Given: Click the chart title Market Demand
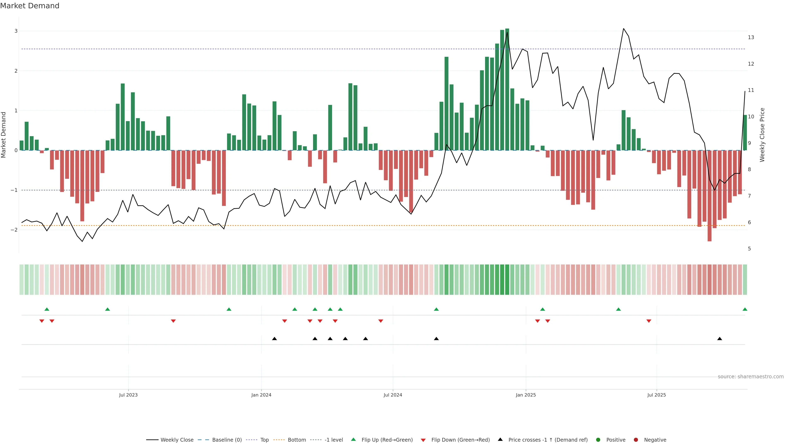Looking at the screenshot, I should point(30,6).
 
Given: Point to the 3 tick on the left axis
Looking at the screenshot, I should point(16,31).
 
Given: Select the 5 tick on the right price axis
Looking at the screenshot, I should point(749,249).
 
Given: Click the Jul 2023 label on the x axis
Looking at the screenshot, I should point(128,395).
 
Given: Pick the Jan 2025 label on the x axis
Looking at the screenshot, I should point(526,395).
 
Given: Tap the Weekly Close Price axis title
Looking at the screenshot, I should point(762,135).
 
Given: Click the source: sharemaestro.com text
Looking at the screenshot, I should point(751,377).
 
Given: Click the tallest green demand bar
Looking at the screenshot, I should point(507,89).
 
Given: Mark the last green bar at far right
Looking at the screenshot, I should point(745,133).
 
